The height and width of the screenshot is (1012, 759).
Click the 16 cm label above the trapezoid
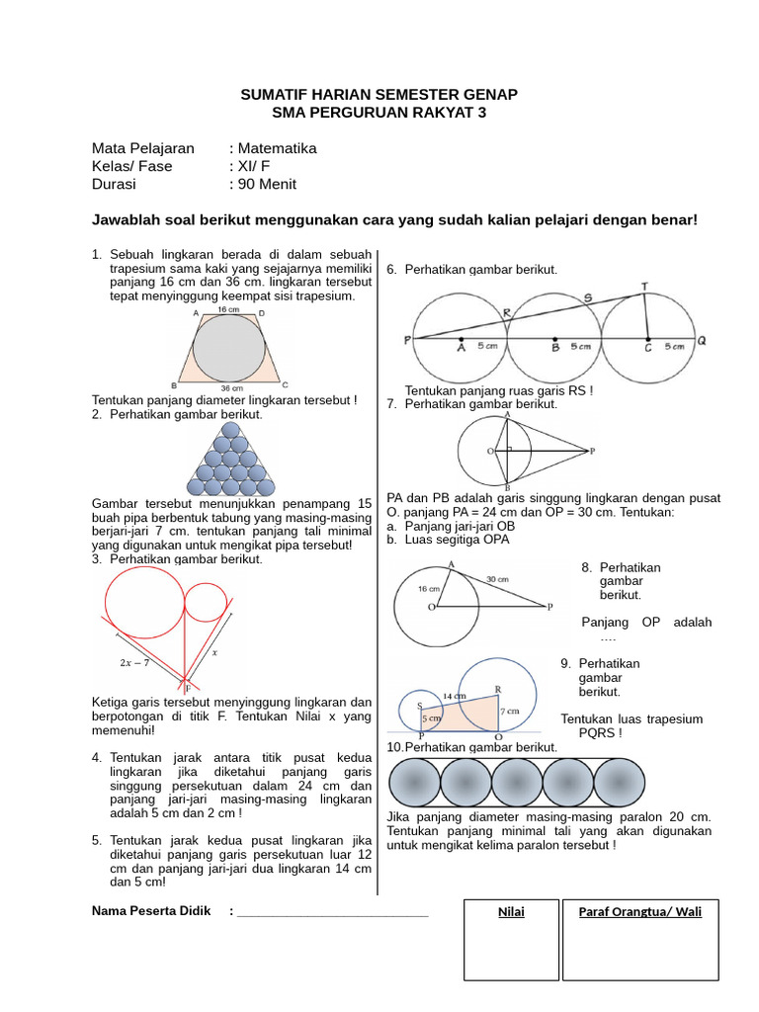pyautogui.click(x=229, y=310)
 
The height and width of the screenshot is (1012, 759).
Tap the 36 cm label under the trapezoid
pyautogui.click(x=231, y=388)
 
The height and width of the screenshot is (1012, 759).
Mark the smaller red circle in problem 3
pyautogui.click(x=205, y=602)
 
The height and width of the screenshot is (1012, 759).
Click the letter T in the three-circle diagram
pyautogui.click(x=645, y=286)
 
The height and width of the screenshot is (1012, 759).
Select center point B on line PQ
pyautogui.click(x=554, y=338)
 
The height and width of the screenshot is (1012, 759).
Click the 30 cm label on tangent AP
pyautogui.click(x=496, y=578)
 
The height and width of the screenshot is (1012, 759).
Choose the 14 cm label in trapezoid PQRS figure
pyautogui.click(x=454, y=695)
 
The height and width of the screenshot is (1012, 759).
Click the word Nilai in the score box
pyautogui.click(x=510, y=912)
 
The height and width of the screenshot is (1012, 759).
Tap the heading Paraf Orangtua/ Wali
pyautogui.click(x=639, y=912)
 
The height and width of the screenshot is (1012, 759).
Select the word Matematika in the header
pyautogui.click(x=277, y=148)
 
